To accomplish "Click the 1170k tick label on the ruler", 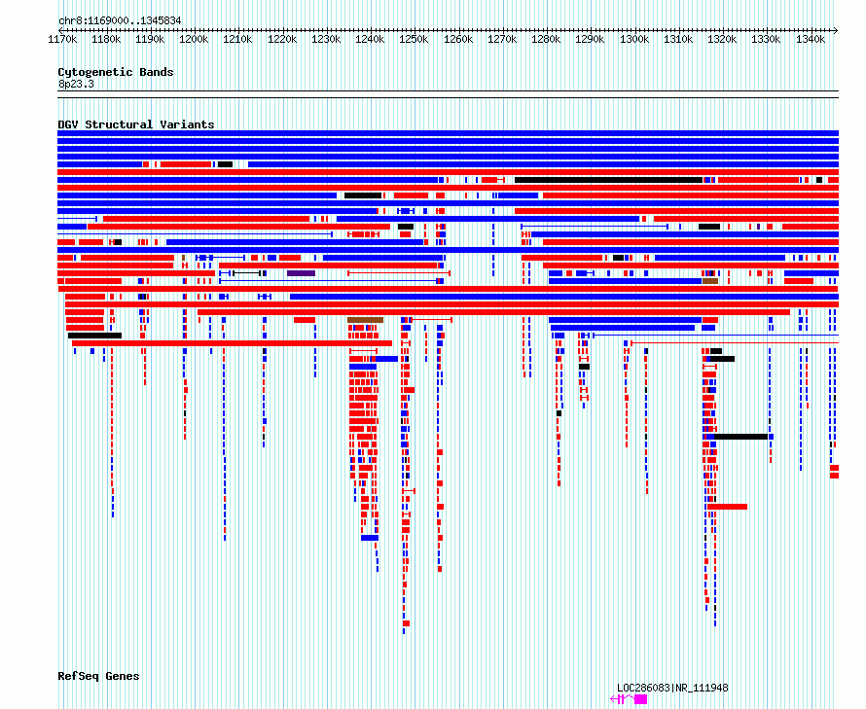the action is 62,39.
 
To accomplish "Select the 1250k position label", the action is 414,39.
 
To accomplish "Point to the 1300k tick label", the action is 634,39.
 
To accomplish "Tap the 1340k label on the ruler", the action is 811,39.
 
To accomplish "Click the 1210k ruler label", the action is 237,39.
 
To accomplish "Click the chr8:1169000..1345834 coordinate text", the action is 120,21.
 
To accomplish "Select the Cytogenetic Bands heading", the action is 116,72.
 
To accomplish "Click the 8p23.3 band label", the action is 76,84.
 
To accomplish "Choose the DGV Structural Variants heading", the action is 136,124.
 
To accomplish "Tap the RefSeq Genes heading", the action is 98,676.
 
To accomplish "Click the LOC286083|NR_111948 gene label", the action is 672,688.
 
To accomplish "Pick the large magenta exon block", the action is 640,699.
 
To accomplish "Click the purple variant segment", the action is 301,273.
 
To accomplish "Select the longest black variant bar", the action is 608,180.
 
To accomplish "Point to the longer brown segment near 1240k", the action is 365,320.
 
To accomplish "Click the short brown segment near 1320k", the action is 710,281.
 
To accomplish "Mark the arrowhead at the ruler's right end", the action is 836,30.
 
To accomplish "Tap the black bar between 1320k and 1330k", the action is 740,437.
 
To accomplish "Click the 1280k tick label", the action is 546,39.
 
